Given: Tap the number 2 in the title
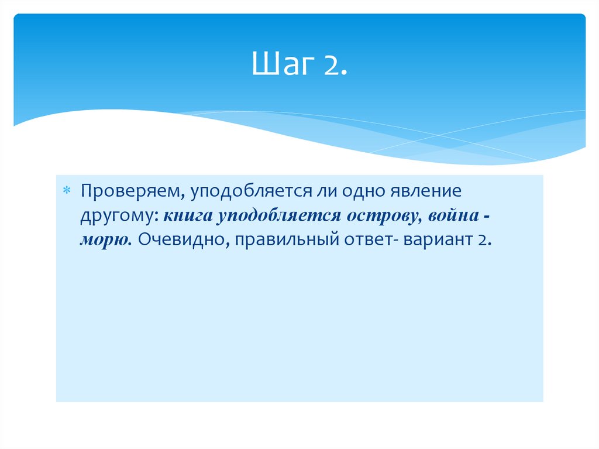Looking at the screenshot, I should click(332, 65).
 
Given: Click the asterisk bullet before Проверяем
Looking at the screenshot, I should click(67, 192).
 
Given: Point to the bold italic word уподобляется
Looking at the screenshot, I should click(276, 216).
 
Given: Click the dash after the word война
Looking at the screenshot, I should click(487, 217).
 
